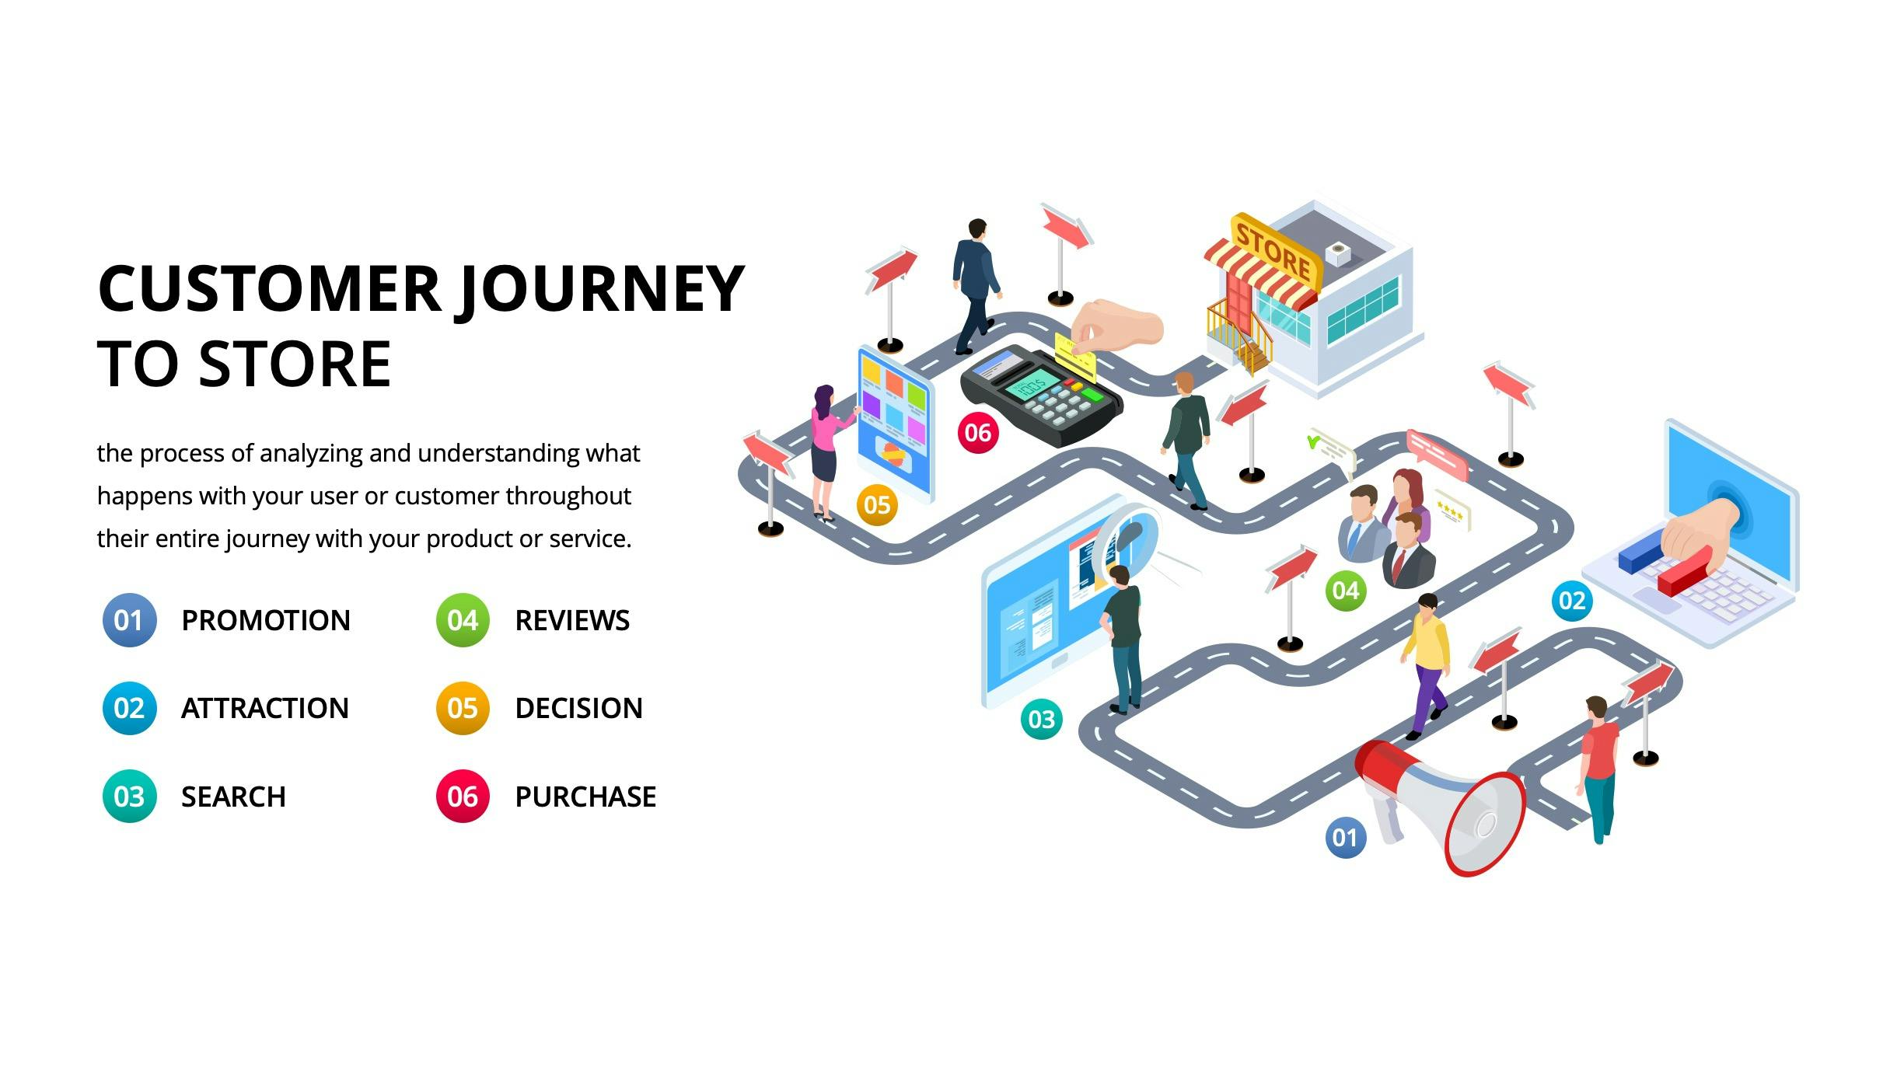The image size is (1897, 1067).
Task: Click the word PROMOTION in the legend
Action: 265,620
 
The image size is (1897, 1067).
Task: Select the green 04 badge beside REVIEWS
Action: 463,620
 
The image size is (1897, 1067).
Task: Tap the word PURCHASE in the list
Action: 585,797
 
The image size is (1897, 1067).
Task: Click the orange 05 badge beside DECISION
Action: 463,708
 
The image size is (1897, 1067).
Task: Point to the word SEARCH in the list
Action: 233,797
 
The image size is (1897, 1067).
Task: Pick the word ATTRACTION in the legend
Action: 264,708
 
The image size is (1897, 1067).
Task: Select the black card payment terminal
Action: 1042,396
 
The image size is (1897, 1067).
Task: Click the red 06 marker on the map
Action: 977,433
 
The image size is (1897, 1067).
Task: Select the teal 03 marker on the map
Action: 1041,719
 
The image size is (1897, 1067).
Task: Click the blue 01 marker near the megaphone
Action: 1345,838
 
